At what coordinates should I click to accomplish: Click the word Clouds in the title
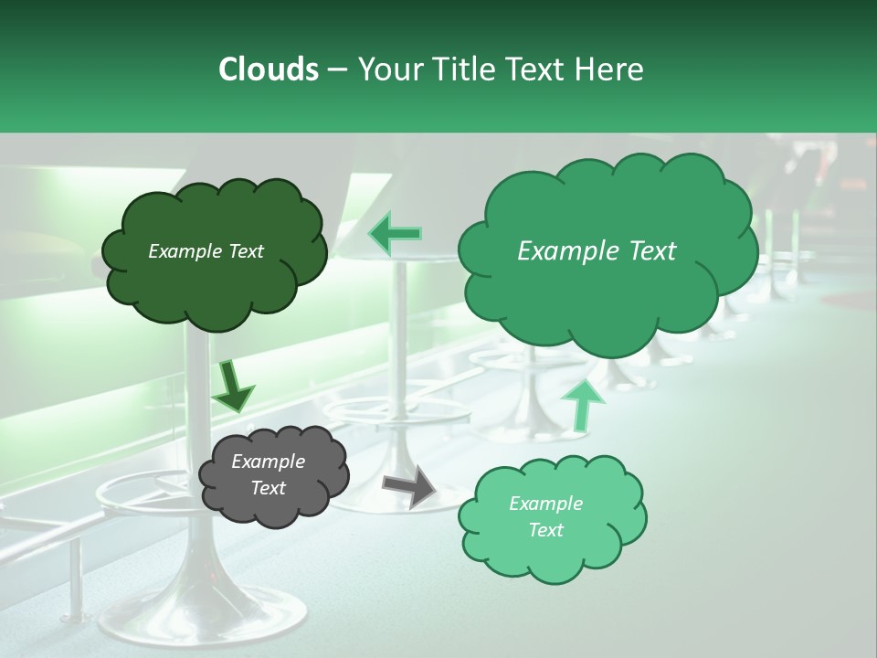[x=268, y=69]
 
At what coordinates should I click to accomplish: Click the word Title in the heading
[x=464, y=69]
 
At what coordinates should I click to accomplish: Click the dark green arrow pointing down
[x=232, y=387]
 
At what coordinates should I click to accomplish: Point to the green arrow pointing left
[x=396, y=234]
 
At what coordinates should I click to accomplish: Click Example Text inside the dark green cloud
[x=206, y=251]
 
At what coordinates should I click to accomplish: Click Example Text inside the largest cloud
[x=597, y=251]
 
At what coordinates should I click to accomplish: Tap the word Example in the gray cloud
[x=268, y=462]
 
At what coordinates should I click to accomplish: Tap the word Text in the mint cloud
[x=545, y=530]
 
